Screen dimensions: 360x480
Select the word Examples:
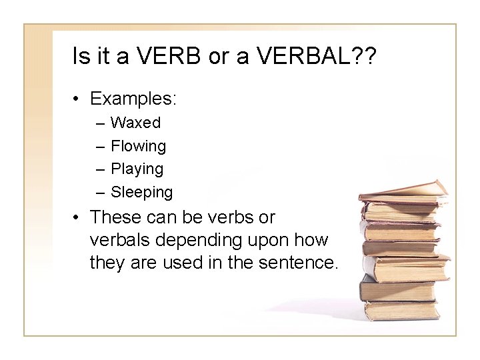[133, 99]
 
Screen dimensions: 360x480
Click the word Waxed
[135, 123]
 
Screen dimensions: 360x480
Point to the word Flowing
[139, 146]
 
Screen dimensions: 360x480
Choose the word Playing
[137, 169]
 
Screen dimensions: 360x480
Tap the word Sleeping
[141, 193]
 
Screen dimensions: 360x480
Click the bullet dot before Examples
[78, 99]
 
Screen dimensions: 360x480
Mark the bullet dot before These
[78, 218]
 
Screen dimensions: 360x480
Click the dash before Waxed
[99, 123]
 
